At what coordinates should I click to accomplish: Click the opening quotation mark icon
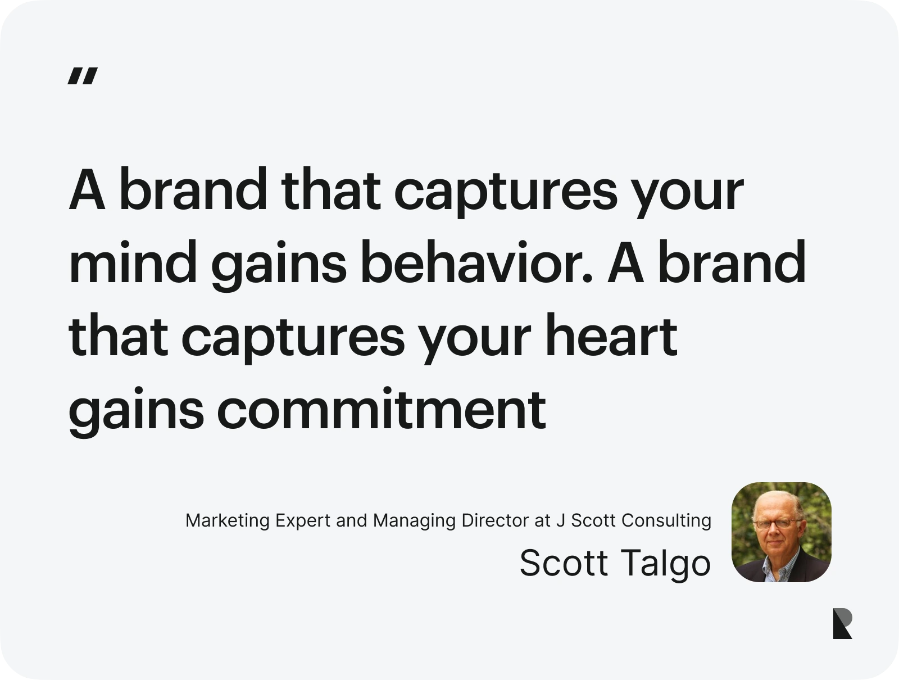(x=83, y=76)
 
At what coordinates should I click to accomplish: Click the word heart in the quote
(x=612, y=336)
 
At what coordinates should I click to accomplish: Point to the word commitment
(x=381, y=409)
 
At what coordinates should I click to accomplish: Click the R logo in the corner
(x=842, y=623)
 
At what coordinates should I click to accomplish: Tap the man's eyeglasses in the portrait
(x=775, y=524)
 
